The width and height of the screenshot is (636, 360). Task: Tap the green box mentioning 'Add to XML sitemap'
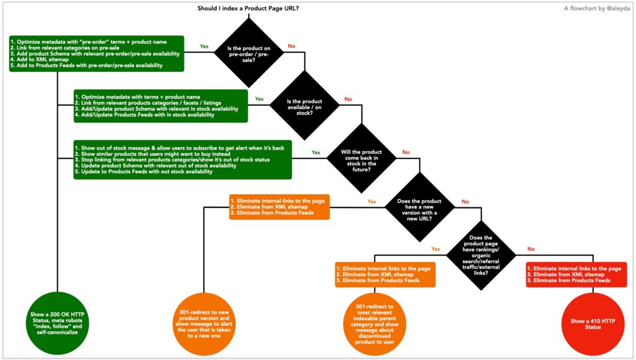coord(97,53)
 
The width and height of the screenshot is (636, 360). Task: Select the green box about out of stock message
coord(183,160)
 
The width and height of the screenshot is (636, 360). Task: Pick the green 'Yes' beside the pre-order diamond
coord(204,46)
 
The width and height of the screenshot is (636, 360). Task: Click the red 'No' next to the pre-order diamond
coord(292,46)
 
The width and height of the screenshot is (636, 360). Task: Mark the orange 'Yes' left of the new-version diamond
coord(371,202)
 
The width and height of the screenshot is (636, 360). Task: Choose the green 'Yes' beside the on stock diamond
coord(259,99)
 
